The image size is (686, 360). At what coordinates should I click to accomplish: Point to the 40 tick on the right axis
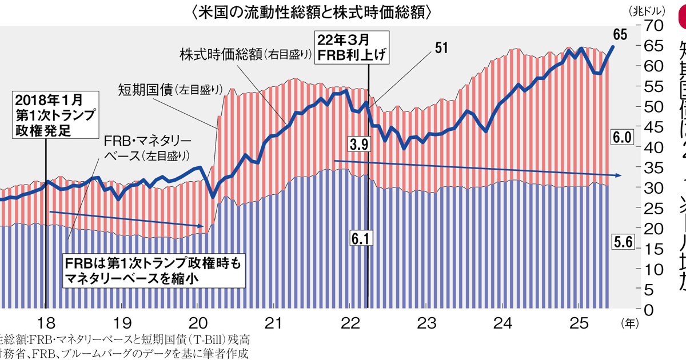(x=653, y=147)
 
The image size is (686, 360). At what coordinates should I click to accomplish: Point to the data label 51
(x=441, y=48)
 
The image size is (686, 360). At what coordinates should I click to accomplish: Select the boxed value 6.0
(x=621, y=137)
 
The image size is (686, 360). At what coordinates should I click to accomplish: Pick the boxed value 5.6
(x=621, y=242)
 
